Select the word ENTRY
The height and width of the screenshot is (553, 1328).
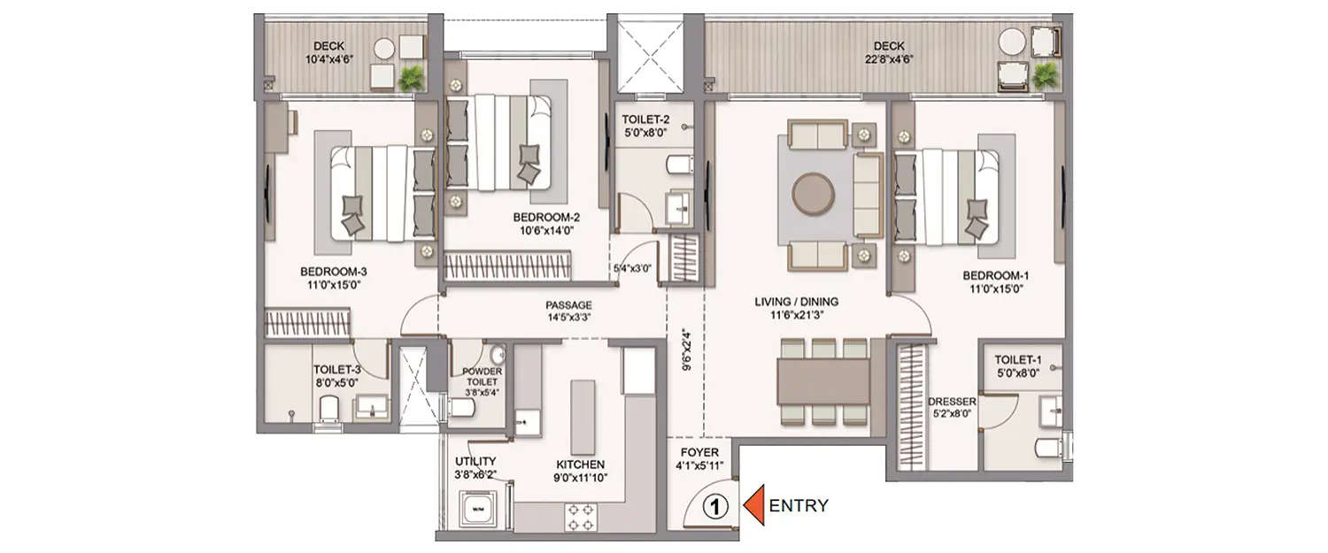[x=799, y=506]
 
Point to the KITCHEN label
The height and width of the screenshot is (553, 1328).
[x=580, y=465]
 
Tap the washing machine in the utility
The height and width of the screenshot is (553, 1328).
[x=478, y=510]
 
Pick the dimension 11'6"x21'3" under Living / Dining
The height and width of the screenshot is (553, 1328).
[x=796, y=315]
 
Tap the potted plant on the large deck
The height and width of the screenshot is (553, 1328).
[x=1046, y=75]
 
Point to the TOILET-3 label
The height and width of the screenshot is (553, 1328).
[x=337, y=371]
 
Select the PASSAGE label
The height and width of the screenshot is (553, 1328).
[x=567, y=305]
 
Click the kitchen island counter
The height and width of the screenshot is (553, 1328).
[x=582, y=416]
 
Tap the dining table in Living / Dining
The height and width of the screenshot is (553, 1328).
[x=822, y=380]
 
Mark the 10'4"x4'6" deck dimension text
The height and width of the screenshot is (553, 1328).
[x=328, y=60]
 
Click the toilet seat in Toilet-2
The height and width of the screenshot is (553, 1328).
[x=680, y=165]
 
